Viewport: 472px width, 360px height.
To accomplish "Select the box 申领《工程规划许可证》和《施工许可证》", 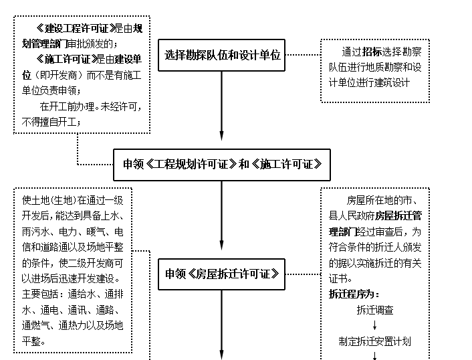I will [222, 164].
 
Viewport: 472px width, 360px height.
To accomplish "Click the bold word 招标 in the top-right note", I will [372, 52].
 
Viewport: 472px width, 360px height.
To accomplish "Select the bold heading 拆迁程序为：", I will [354, 294].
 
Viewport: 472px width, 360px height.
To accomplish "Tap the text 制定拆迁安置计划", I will [374, 341].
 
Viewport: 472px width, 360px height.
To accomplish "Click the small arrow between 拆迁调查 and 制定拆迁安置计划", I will [374, 325].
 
